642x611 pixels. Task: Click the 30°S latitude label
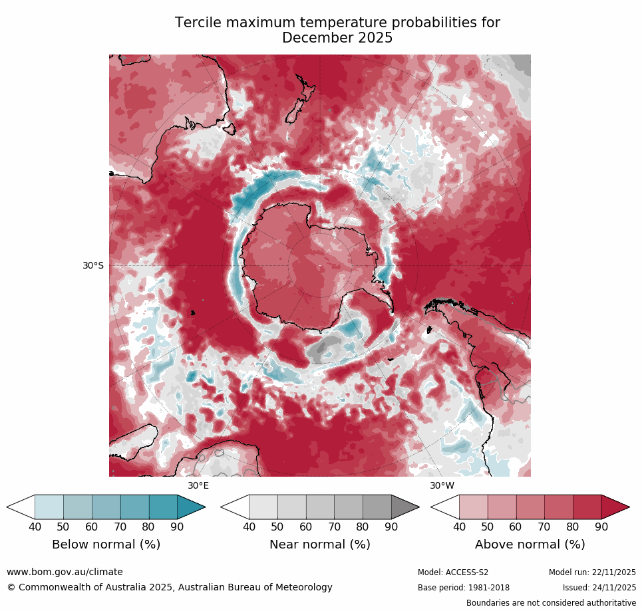pyautogui.click(x=93, y=265)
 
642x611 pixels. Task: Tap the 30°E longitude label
pyautogui.click(x=198, y=485)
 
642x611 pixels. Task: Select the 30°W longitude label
pyautogui.click(x=442, y=485)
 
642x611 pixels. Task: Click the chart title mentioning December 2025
pyautogui.click(x=337, y=31)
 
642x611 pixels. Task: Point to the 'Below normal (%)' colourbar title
pyautogui.click(x=106, y=545)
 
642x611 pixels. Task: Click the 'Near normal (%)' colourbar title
pyautogui.click(x=319, y=545)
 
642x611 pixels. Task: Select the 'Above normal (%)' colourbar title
pyautogui.click(x=530, y=545)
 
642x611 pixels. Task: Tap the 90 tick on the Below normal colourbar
pyautogui.click(x=177, y=527)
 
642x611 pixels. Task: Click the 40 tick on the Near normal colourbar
pyautogui.click(x=249, y=527)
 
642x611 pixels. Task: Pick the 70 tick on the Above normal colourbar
pyautogui.click(x=544, y=527)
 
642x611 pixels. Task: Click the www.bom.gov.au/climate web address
pyautogui.click(x=65, y=572)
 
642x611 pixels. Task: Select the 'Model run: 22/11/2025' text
pyautogui.click(x=592, y=572)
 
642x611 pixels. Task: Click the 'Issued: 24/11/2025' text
pyautogui.click(x=599, y=588)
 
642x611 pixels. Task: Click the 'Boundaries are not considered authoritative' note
pyautogui.click(x=551, y=603)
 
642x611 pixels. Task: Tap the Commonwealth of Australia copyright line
pyautogui.click(x=170, y=587)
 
